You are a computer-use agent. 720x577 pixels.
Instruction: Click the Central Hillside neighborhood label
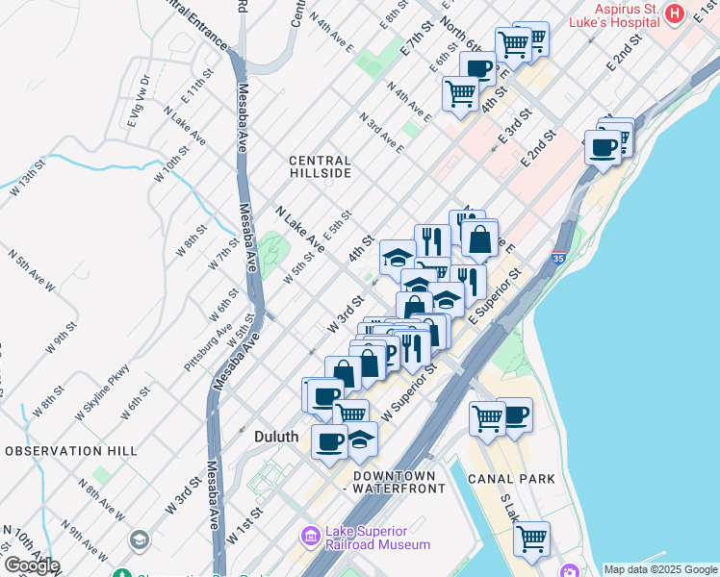coord(321,166)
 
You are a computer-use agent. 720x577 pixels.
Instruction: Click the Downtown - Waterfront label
coord(399,482)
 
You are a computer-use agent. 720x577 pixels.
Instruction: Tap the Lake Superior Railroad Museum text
coord(377,538)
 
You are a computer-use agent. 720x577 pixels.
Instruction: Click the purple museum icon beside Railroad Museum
coord(310,536)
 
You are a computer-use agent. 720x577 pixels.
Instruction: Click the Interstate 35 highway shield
coord(559,258)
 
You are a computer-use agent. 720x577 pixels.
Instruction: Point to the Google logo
coord(31,564)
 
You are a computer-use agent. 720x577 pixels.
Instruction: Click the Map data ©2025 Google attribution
coord(660,569)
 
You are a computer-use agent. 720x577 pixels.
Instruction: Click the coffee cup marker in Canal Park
coord(514,414)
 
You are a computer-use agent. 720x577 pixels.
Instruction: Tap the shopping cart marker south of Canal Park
coord(530,537)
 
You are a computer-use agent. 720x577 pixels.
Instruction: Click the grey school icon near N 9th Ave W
coord(139,541)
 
